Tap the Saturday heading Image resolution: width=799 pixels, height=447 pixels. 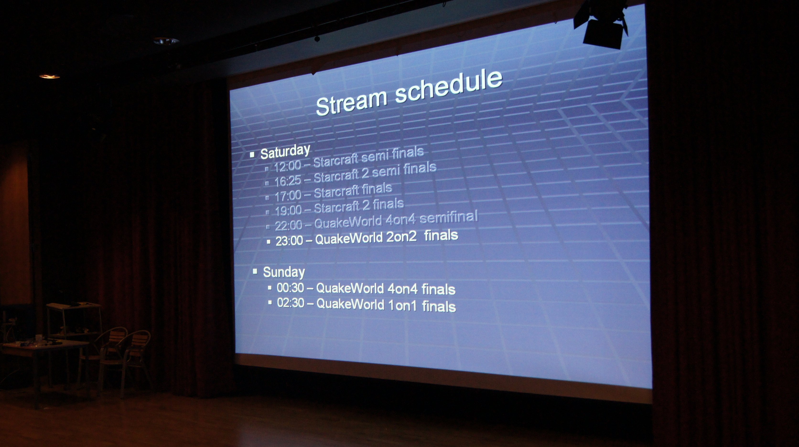click(285, 152)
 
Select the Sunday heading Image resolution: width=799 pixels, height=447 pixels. click(284, 272)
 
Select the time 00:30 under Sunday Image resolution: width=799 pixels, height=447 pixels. click(290, 288)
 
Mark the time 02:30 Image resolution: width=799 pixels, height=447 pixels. click(291, 303)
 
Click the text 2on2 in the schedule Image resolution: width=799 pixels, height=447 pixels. click(402, 237)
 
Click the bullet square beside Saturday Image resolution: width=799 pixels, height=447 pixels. click(252, 154)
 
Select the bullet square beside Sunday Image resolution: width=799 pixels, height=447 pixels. click(255, 271)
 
